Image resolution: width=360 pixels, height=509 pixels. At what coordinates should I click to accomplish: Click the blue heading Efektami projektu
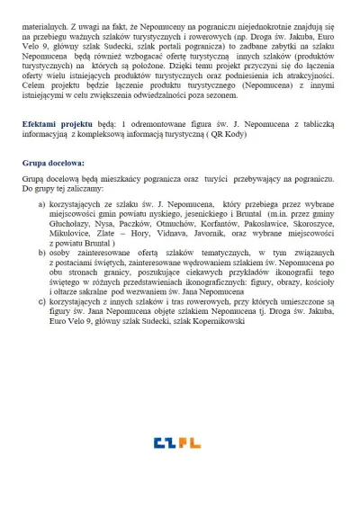[x=56, y=122]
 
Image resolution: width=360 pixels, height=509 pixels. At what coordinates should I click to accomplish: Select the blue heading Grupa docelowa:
[x=54, y=164]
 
